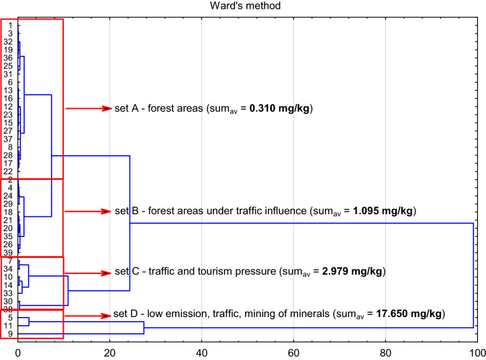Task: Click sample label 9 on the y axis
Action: tap(10, 334)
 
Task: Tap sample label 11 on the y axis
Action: tap(9, 326)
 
